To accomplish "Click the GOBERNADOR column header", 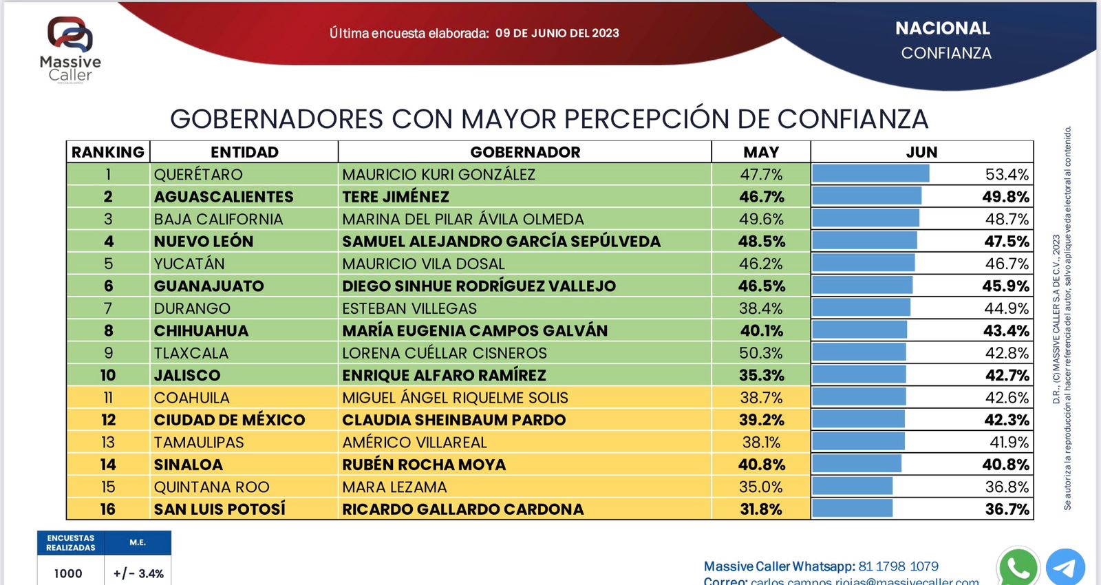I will [x=525, y=152].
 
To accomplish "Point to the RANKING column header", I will [x=108, y=152].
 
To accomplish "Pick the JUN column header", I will [x=921, y=152].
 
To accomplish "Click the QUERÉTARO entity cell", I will [x=198, y=175].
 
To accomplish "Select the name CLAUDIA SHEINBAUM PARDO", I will [x=454, y=420].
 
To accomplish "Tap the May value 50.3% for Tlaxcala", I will [x=760, y=353].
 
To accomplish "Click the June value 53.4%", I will [x=1007, y=175].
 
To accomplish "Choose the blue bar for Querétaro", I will [x=870, y=174].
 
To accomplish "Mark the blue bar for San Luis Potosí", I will [x=853, y=509].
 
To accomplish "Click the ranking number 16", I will [x=108, y=509].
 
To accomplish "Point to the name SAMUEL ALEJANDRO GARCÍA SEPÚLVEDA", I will [x=501, y=242].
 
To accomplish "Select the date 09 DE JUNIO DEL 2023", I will [x=557, y=33].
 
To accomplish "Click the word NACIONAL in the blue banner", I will [x=942, y=28].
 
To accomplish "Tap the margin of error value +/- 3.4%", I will [x=138, y=573].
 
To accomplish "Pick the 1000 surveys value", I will [x=68, y=573].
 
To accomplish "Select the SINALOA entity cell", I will [x=189, y=465].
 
